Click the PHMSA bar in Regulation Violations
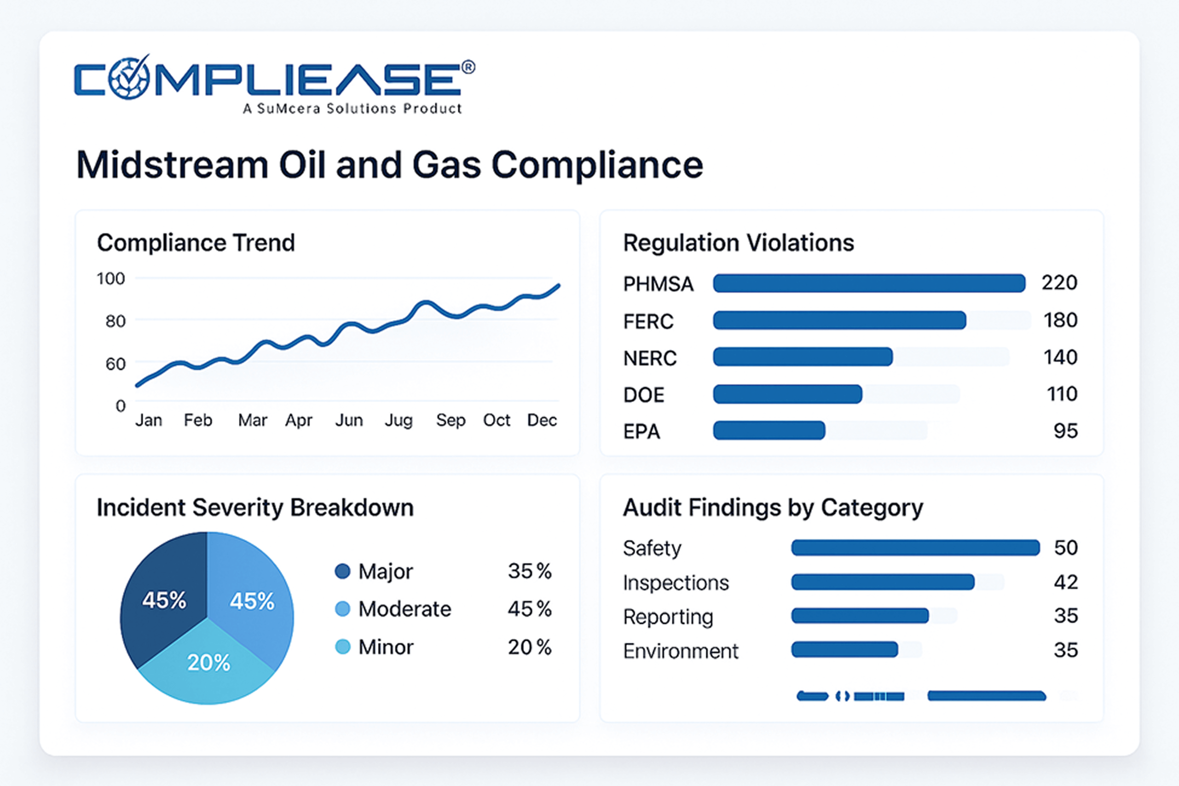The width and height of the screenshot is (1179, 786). tap(869, 283)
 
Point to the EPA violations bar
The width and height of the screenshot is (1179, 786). tap(769, 430)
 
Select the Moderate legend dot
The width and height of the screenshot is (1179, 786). tap(343, 609)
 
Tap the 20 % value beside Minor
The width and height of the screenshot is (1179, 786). tap(529, 647)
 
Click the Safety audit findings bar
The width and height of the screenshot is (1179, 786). tap(915, 547)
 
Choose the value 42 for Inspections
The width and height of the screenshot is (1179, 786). tap(1066, 582)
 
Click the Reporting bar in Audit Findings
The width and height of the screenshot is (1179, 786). tap(860, 615)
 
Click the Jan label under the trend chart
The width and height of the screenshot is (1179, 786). tap(148, 420)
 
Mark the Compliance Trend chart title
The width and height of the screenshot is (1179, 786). tap(196, 243)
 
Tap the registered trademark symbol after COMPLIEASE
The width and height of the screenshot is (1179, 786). tap(468, 67)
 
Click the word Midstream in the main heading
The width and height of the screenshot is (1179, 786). tap(172, 165)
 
